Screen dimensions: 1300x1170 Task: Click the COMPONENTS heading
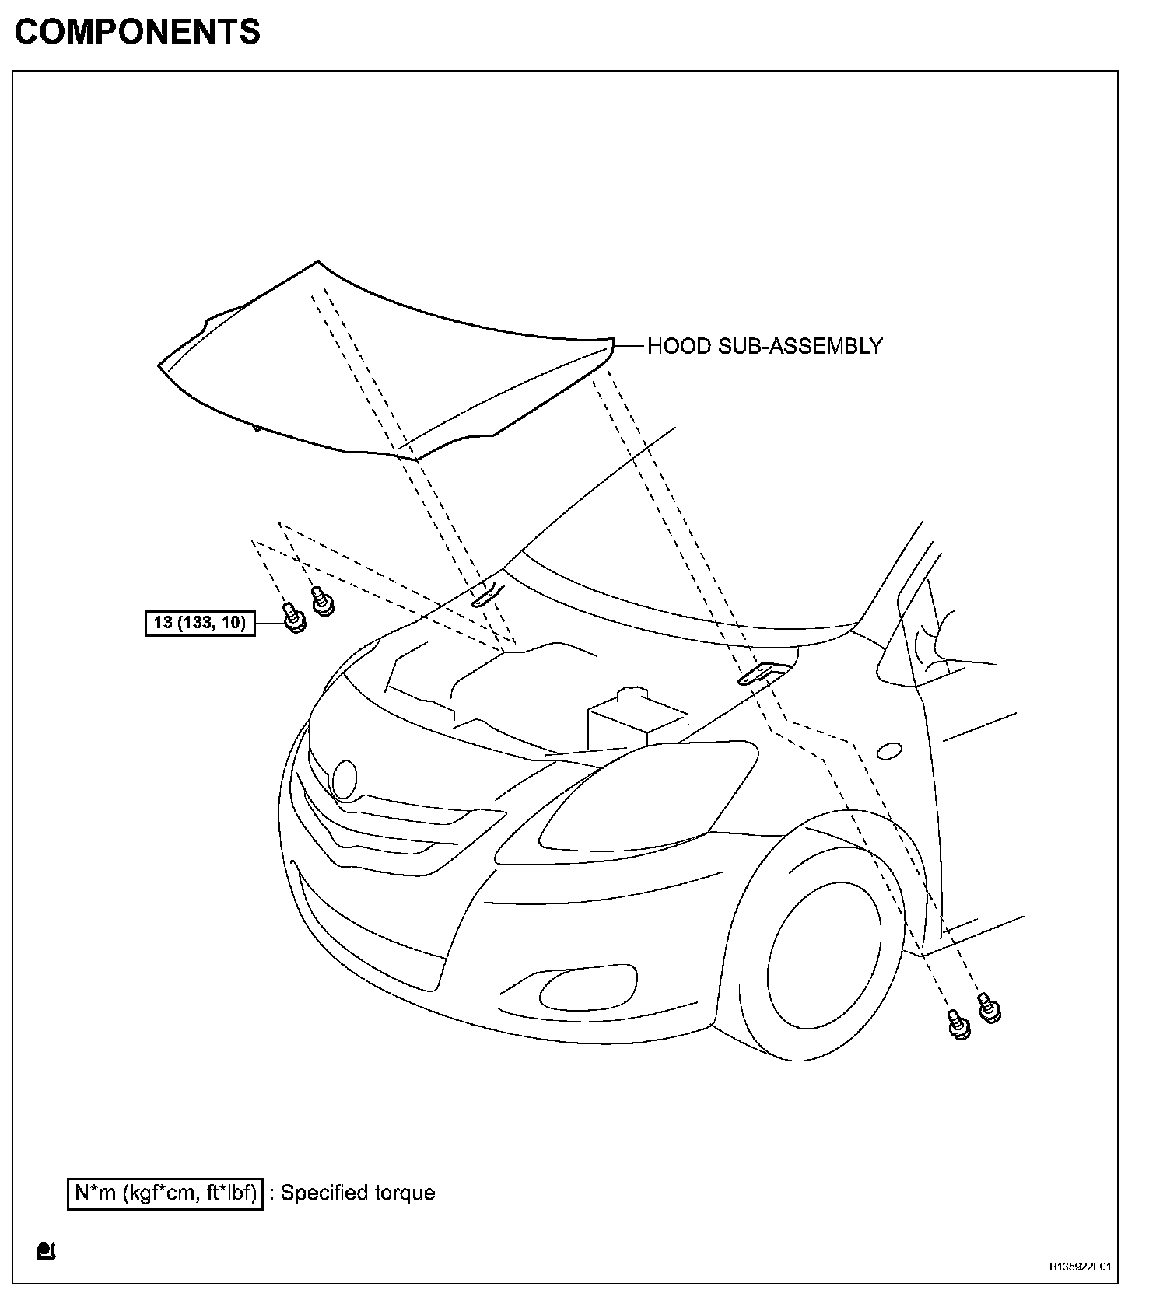138,32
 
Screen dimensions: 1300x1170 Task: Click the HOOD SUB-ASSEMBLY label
765,346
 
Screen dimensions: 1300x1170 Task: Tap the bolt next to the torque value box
292,618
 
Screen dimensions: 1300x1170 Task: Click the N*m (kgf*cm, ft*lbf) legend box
166,1193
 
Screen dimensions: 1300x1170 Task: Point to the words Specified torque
358,1193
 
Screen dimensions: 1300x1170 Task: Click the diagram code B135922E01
1081,1267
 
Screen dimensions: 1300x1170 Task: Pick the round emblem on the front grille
344,778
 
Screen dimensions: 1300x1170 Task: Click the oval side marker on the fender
889,751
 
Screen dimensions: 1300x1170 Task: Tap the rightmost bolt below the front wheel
989,1008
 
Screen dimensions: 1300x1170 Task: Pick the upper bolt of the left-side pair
321,601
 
